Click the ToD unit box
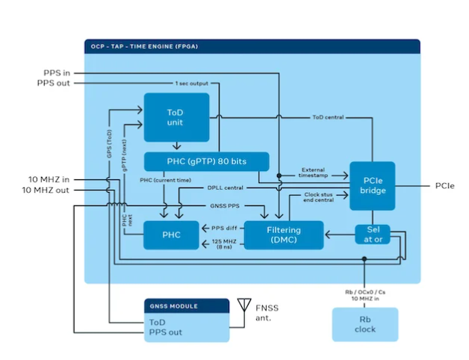coord(176,117)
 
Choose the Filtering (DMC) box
coord(285,235)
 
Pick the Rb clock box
coord(366,323)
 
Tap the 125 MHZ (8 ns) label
coord(226,246)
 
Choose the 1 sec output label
coord(193,83)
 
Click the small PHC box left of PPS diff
coord(171,235)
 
